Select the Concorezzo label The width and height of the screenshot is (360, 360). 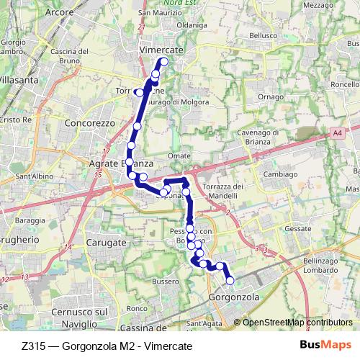90,123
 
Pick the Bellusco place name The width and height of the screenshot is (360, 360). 263,35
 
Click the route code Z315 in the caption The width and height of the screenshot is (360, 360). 35,346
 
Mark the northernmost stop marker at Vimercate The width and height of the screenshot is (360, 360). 163,62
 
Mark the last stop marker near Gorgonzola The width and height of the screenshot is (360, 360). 230,281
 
